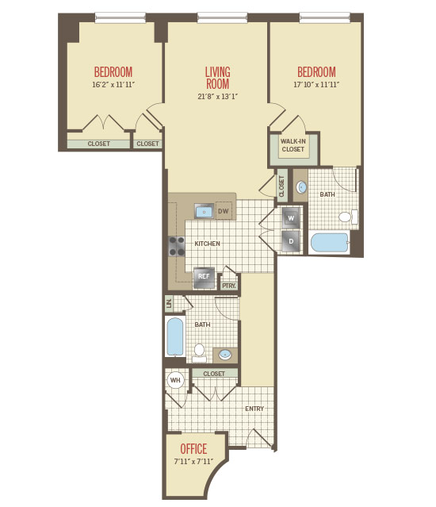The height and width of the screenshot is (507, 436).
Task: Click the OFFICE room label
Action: click(x=193, y=449)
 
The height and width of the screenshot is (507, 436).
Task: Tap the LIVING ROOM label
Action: click(x=218, y=78)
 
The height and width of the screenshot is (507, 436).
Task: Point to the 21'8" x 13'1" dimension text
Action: click(x=218, y=96)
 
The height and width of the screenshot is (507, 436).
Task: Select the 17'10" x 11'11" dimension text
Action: click(x=316, y=85)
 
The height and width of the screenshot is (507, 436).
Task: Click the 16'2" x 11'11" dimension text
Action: click(x=113, y=85)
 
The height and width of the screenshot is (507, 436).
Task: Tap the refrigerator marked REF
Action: click(x=204, y=278)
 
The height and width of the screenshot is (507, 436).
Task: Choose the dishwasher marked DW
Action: click(x=224, y=211)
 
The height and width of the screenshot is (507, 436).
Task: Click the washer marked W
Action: click(x=291, y=218)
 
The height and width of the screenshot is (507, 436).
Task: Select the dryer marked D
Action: click(x=291, y=241)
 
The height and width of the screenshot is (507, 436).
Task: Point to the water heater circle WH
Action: click(x=175, y=380)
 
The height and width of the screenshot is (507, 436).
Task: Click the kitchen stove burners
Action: click(x=177, y=247)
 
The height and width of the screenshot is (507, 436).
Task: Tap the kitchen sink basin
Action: click(x=204, y=212)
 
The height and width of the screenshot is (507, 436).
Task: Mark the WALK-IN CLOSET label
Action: click(x=293, y=145)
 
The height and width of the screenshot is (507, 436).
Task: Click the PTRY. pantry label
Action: click(x=229, y=286)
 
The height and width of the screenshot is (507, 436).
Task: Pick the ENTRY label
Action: click(x=254, y=409)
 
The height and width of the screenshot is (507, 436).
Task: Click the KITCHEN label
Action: click(x=208, y=244)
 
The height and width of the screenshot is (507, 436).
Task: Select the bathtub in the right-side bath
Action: click(x=330, y=243)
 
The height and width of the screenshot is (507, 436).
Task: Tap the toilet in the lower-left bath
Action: click(x=199, y=353)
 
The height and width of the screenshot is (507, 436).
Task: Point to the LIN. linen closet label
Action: click(x=169, y=304)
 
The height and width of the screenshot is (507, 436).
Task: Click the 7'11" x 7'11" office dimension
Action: click(x=193, y=462)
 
